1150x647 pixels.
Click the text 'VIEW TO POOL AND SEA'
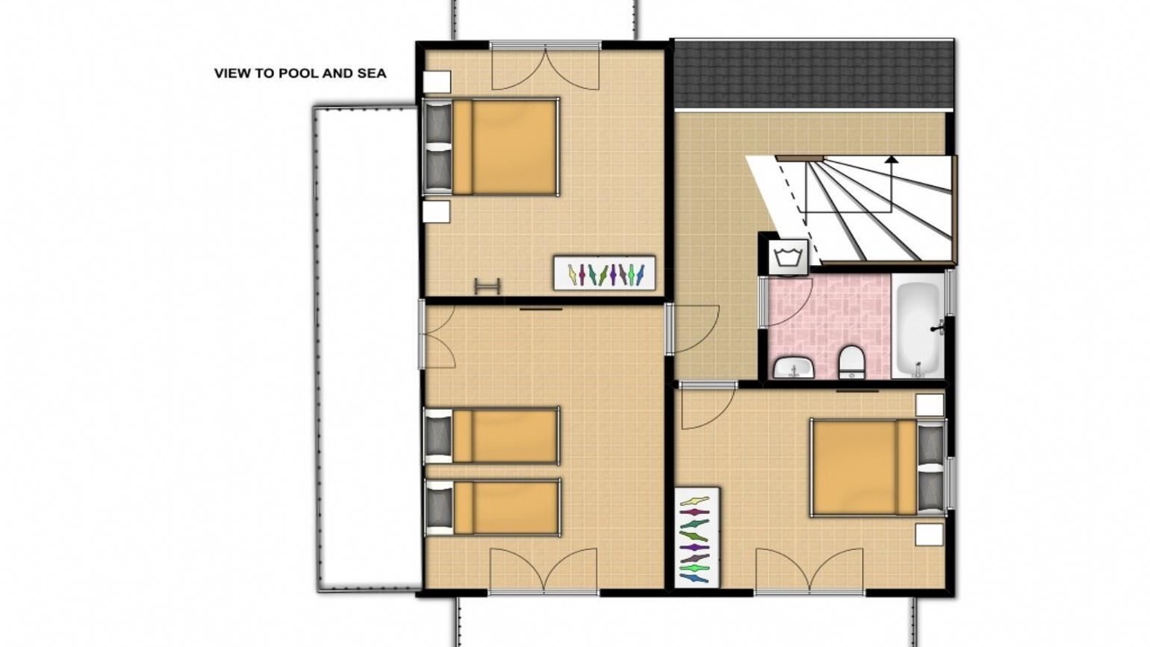[x=300, y=74]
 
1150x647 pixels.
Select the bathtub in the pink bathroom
[x=918, y=326]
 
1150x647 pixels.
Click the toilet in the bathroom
[x=852, y=362]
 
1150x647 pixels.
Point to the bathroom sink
[x=793, y=368]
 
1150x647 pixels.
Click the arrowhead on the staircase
[x=892, y=159]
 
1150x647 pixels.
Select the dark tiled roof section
[x=814, y=75]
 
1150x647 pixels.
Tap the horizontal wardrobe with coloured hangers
[x=605, y=273]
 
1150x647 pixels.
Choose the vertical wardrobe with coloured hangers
[x=696, y=537]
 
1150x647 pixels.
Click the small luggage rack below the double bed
[x=487, y=286]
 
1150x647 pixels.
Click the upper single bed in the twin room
[x=491, y=436]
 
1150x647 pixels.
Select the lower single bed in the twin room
[x=492, y=508]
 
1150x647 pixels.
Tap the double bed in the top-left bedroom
[x=491, y=146]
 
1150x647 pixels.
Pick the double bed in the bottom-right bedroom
[x=878, y=467]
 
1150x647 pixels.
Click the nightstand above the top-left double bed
[x=437, y=82]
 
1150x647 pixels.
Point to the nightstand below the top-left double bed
[x=437, y=211]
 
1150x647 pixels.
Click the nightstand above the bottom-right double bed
[x=930, y=405]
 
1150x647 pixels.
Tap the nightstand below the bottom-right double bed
[x=929, y=535]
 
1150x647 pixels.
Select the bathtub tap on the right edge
[x=938, y=326]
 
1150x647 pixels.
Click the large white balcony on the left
[x=367, y=348]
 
